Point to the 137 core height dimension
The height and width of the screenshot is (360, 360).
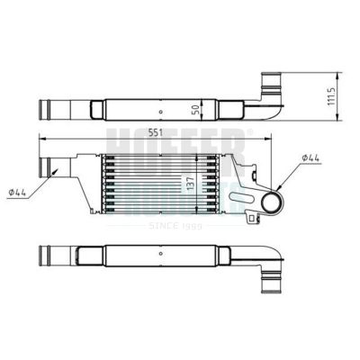(x=190, y=183)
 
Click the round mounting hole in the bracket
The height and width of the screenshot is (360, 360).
(x=270, y=202)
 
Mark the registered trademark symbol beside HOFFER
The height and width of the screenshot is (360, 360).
(x=249, y=132)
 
